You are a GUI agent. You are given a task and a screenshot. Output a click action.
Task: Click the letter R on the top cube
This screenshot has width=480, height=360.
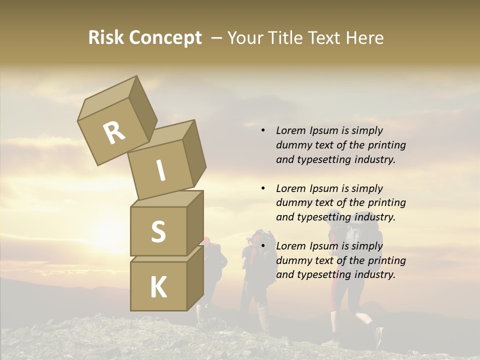114,133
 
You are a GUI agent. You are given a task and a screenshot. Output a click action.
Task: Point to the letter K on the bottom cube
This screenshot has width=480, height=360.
158,287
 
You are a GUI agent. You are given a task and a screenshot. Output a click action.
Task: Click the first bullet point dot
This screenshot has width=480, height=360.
263,130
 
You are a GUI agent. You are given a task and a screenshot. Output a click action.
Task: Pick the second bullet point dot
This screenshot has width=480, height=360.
263,188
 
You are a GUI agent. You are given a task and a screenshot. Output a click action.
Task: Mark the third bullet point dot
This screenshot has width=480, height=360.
263,246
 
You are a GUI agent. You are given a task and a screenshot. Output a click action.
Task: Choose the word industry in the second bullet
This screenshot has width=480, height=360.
374,217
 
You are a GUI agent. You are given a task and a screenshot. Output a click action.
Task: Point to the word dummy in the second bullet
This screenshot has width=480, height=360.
292,202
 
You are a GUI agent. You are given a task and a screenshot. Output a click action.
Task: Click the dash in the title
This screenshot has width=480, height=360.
217,38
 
